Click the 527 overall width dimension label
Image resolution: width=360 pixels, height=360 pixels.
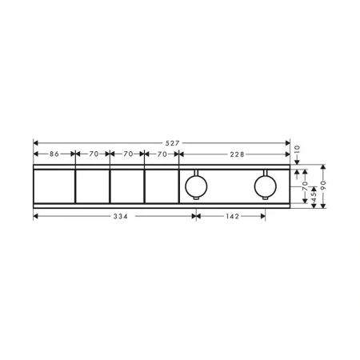tap(172, 143)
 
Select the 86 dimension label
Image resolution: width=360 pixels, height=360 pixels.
tap(54, 154)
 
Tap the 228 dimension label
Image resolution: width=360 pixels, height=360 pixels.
tap(237, 154)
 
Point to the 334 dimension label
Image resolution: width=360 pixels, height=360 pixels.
tap(121, 216)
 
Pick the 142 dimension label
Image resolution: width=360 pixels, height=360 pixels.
tap(233, 216)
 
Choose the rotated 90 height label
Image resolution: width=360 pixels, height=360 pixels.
tap(323, 184)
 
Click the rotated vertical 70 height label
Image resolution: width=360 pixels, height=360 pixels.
tap(305, 185)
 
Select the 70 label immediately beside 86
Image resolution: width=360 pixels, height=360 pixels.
tap(94, 154)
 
